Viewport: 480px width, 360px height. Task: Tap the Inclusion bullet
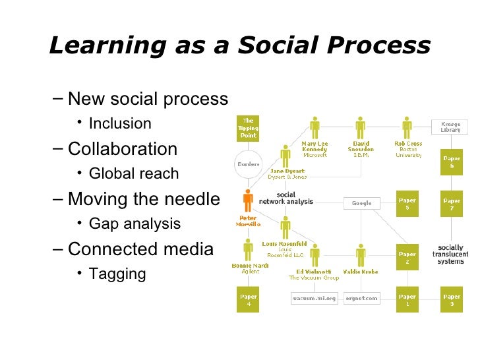click(x=119, y=123)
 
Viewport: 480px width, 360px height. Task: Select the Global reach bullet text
click(x=133, y=174)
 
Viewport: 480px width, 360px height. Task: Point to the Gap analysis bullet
click(x=134, y=224)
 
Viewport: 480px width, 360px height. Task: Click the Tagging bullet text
click(x=117, y=274)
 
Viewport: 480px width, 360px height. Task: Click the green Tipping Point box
click(x=248, y=129)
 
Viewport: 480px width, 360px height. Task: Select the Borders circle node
click(x=248, y=164)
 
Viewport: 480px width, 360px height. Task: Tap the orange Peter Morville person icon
click(x=248, y=200)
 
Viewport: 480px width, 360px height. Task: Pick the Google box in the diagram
click(x=361, y=203)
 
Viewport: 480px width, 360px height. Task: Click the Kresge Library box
click(x=451, y=127)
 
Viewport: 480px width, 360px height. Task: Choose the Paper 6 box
click(x=452, y=163)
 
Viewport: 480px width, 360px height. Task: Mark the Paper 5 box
click(x=407, y=203)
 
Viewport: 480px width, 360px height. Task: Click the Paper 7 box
click(x=452, y=203)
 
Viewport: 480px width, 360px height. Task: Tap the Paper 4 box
click(x=248, y=301)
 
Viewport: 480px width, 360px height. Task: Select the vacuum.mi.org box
click(x=314, y=298)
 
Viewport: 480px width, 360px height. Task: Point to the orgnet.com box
click(x=361, y=298)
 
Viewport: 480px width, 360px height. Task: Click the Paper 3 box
click(x=452, y=301)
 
